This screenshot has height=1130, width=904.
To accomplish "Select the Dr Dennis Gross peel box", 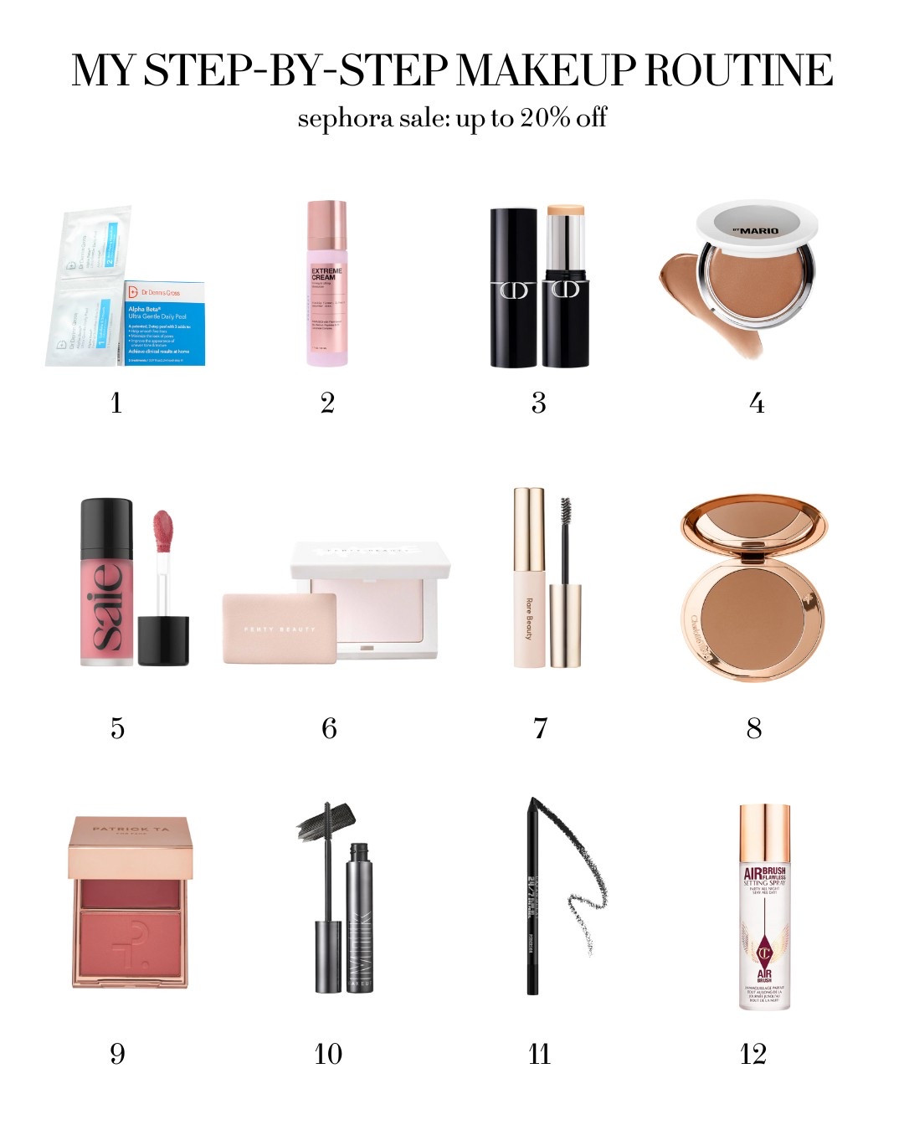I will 164,323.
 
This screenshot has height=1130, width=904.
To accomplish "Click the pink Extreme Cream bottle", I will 326,285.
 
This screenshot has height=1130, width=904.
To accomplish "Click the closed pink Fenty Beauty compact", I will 280,628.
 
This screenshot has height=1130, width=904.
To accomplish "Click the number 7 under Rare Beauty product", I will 541,728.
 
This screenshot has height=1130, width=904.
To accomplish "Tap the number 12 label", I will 753,1054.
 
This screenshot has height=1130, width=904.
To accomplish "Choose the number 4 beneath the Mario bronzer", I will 757,403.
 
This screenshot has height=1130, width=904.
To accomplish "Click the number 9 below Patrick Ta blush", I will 117,1054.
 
